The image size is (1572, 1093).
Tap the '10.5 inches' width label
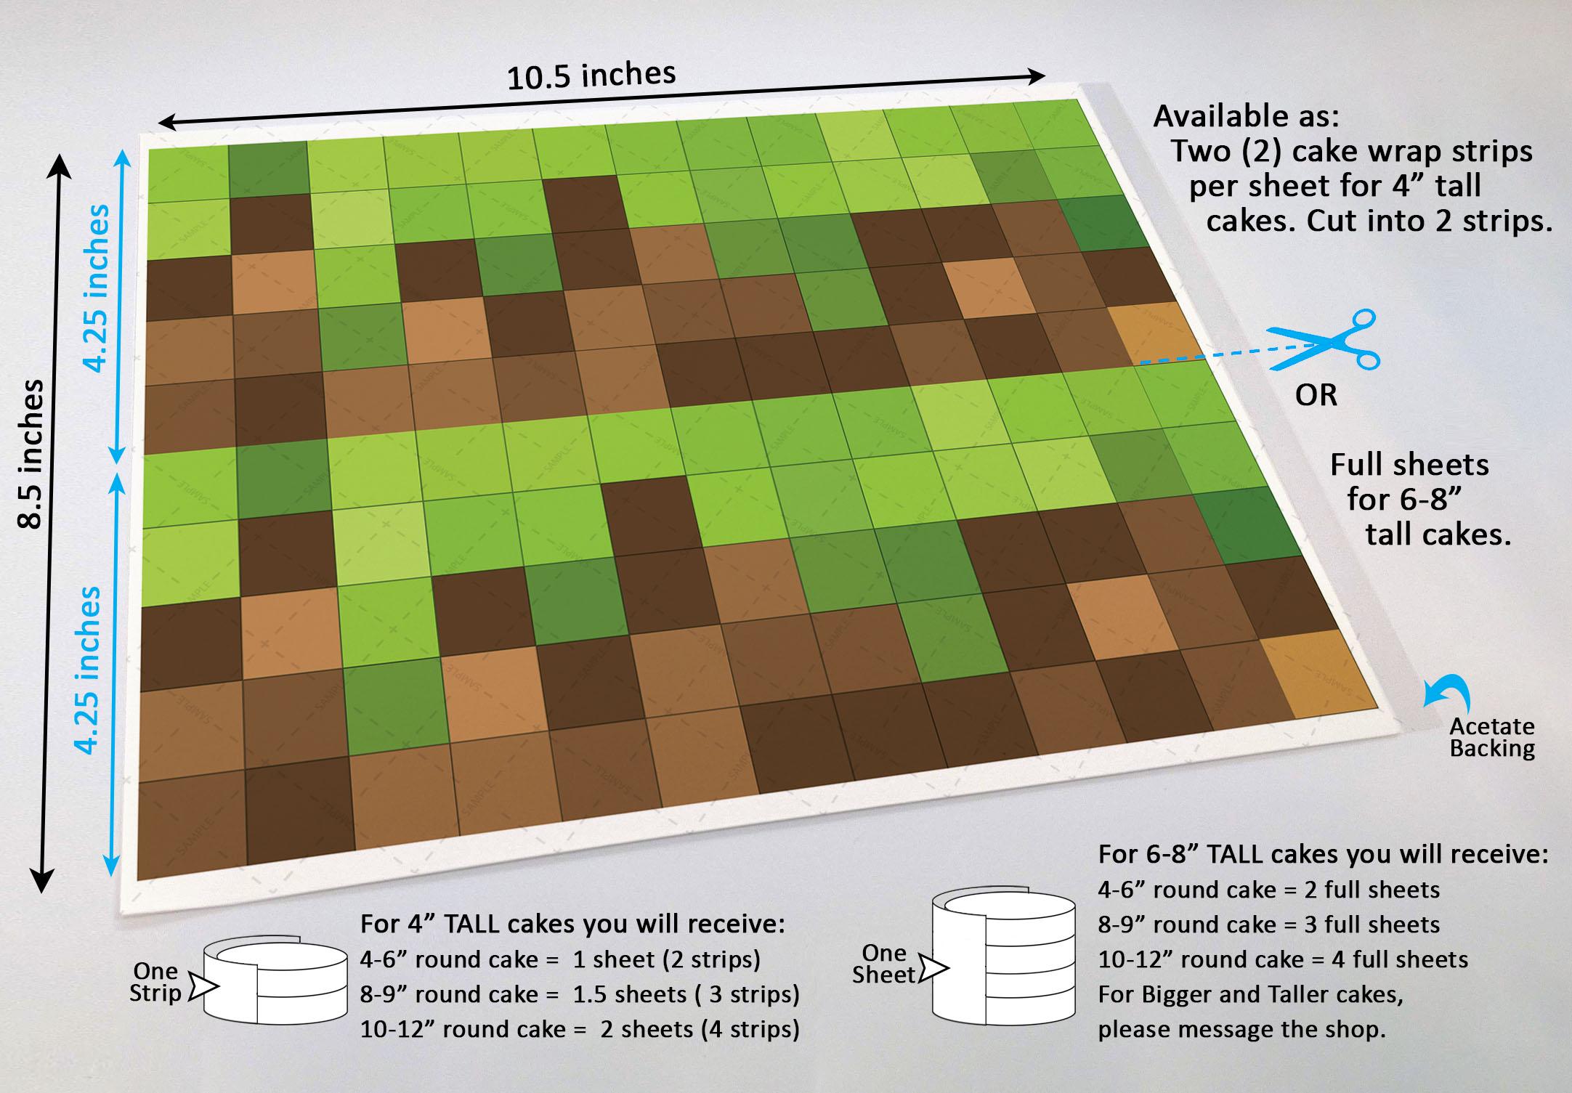591,76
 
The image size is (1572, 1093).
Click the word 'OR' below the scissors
1316,396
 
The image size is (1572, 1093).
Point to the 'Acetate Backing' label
1492,737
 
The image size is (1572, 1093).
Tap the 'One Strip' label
155,983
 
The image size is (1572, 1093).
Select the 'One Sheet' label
884,964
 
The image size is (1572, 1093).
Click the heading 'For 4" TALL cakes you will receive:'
572,925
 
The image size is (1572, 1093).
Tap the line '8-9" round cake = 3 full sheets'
1268,925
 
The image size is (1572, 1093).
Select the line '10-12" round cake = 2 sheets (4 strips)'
580,1029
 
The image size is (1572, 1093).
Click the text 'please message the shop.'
1241,1029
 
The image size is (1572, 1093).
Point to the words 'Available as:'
1247,116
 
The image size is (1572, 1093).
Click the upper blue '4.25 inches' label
97,288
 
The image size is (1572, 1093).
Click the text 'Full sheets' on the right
1409,465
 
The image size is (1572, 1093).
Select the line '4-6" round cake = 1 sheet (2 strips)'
560,959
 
